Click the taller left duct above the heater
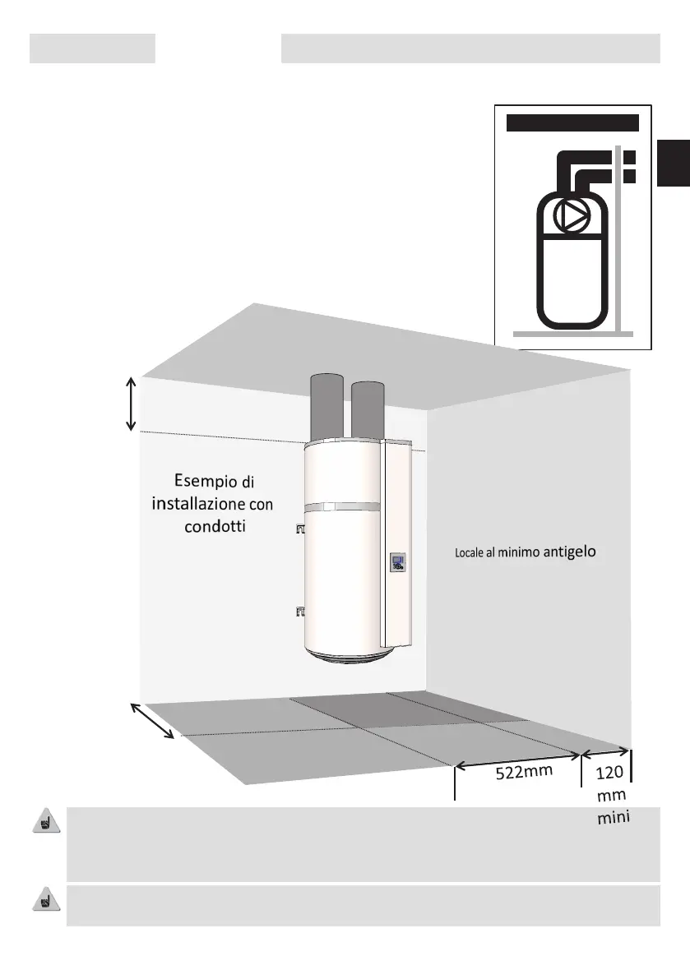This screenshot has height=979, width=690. coord(328,408)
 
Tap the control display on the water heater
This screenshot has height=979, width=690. coord(397,563)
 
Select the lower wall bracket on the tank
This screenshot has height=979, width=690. coord(299,611)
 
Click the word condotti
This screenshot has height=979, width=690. coord(212,524)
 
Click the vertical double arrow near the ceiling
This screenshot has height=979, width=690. coord(131,403)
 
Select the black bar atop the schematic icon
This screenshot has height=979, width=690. coord(572,123)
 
